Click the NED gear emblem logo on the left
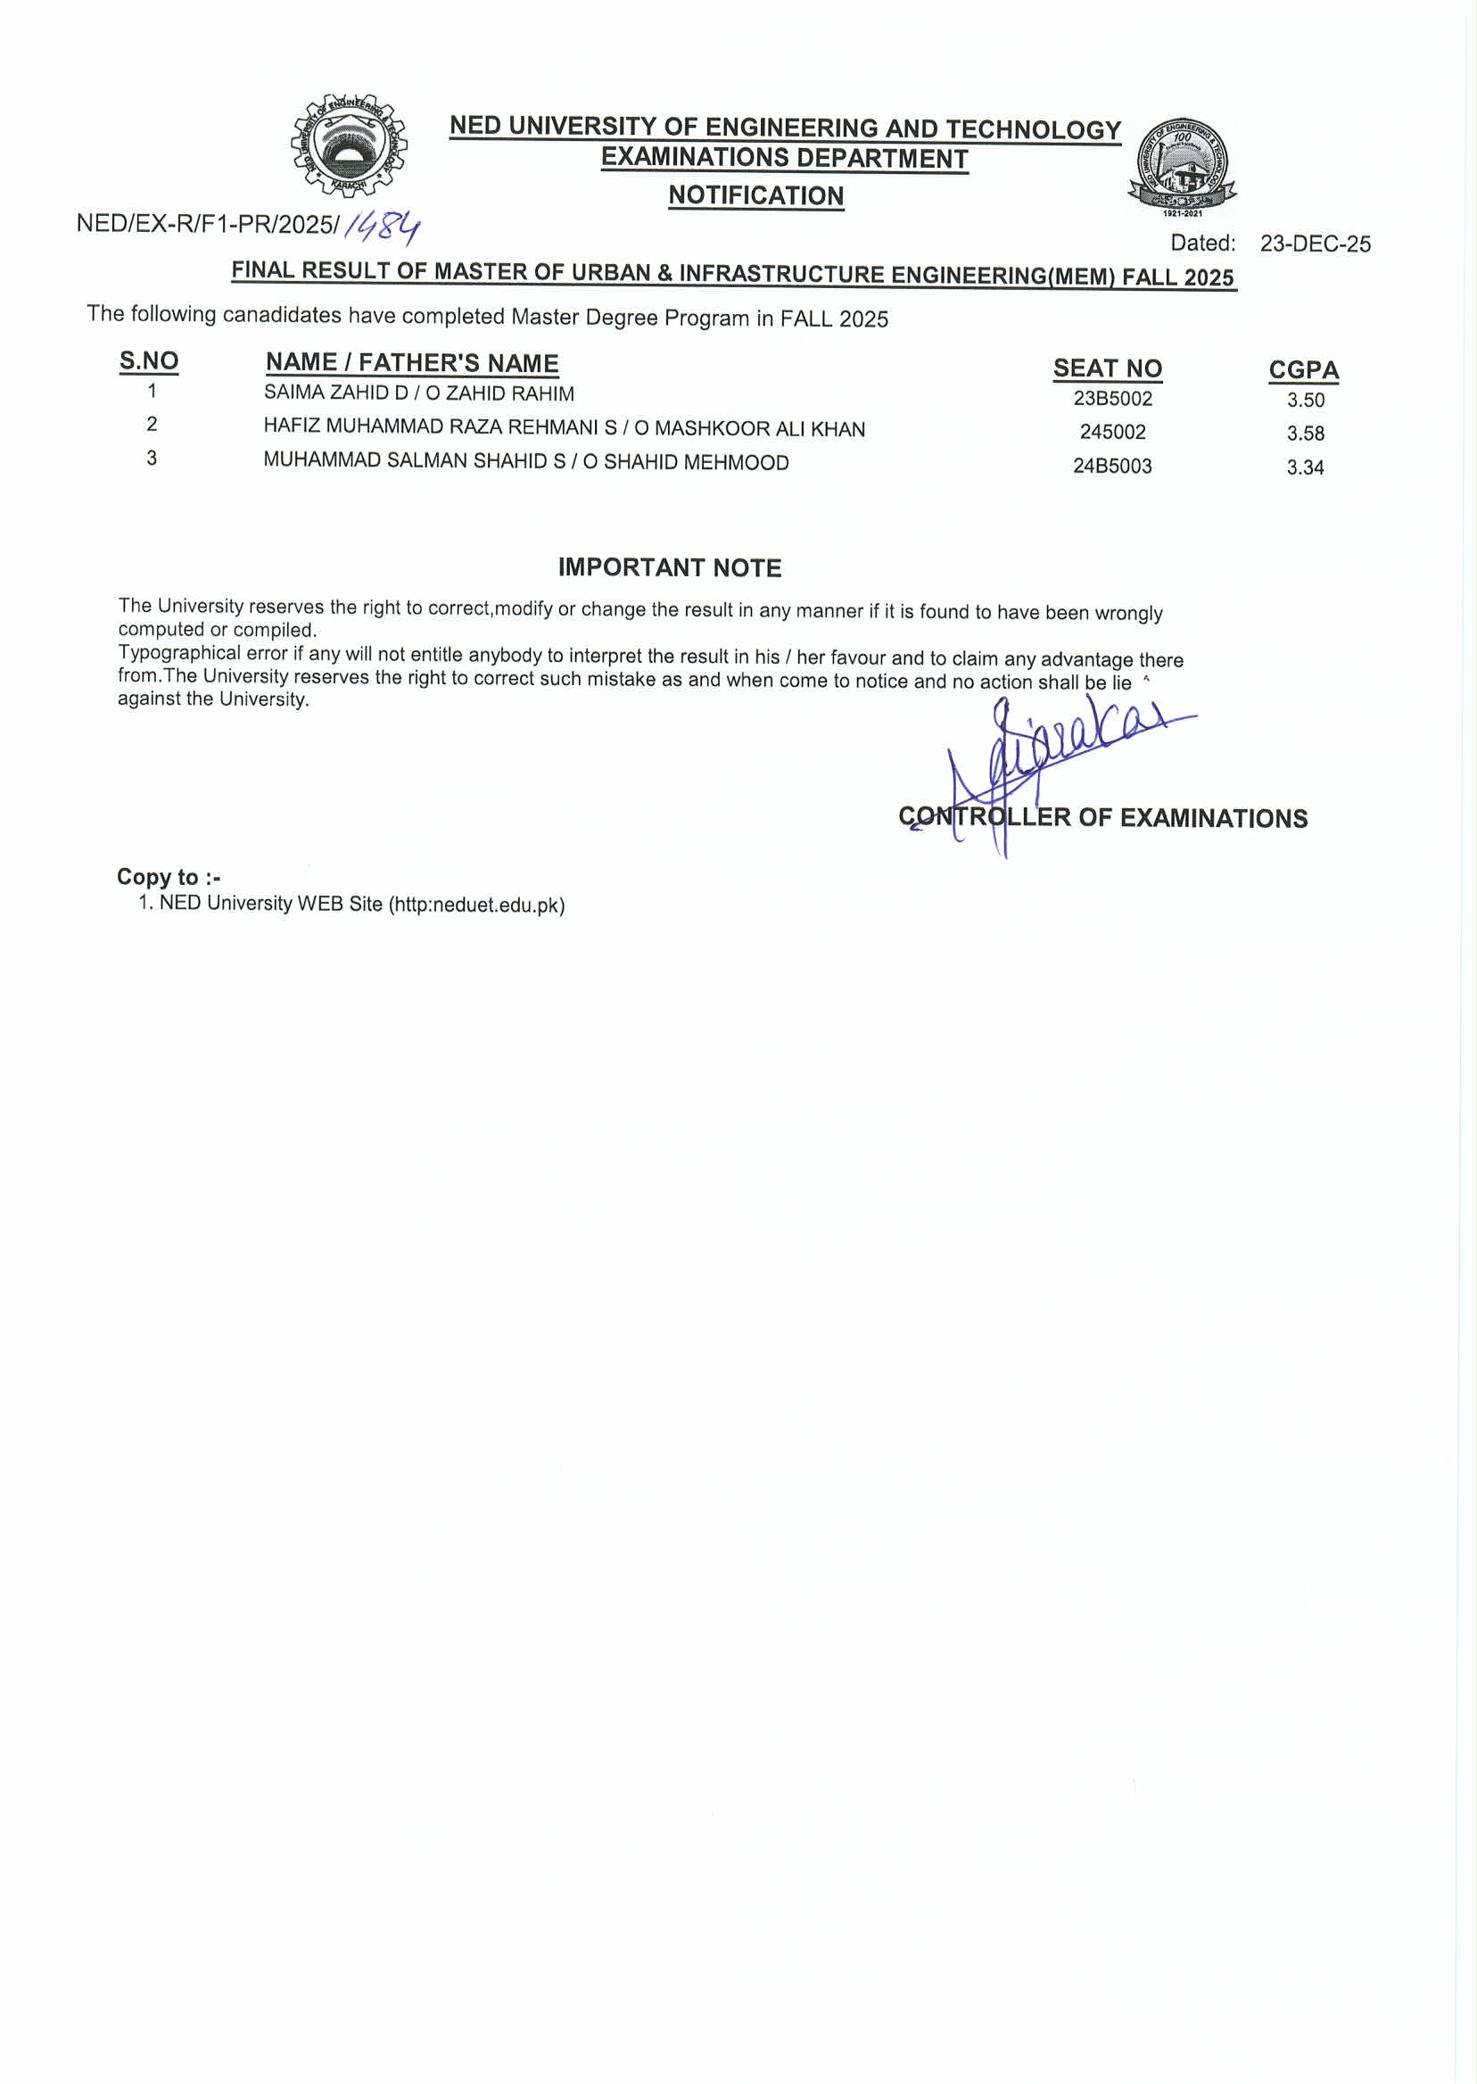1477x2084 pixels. pyautogui.click(x=350, y=145)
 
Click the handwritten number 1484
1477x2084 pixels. pyautogui.click(x=382, y=227)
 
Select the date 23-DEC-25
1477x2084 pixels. pyautogui.click(x=1314, y=244)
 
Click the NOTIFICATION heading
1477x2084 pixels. pyautogui.click(x=755, y=195)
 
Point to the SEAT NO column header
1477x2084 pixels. pyautogui.click(x=1107, y=368)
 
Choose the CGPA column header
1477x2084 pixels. pyautogui.click(x=1303, y=370)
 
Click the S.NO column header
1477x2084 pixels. pyautogui.click(x=149, y=361)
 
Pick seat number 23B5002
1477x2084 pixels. pyautogui.click(x=1112, y=399)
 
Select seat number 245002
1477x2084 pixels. pyautogui.click(x=1112, y=432)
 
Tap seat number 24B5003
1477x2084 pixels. pyautogui.click(x=1112, y=466)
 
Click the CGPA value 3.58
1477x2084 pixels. pyautogui.click(x=1305, y=434)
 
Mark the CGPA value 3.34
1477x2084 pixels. pyautogui.click(x=1305, y=467)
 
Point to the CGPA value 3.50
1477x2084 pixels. pyautogui.click(x=1305, y=401)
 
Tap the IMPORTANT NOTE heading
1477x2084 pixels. pyautogui.click(x=670, y=567)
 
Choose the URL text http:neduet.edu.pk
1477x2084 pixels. pyautogui.click(x=476, y=906)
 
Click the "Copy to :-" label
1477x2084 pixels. pyautogui.click(x=169, y=877)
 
